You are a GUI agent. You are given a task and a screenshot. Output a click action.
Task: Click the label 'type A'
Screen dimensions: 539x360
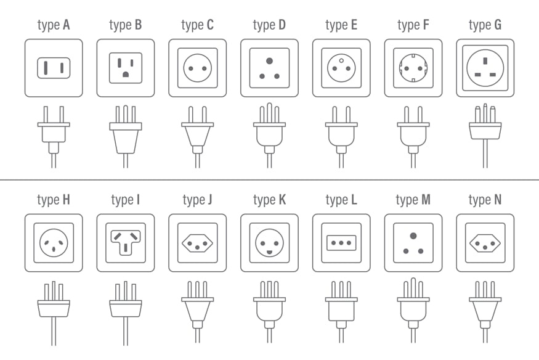[54, 25]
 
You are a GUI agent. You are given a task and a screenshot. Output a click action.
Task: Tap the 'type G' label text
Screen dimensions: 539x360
[485, 25]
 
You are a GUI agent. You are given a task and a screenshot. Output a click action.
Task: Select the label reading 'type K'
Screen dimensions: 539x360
[270, 200]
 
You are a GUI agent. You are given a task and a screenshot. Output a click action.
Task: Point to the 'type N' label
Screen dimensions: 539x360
[485, 200]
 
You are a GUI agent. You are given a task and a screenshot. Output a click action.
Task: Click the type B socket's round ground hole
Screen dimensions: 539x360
[126, 74]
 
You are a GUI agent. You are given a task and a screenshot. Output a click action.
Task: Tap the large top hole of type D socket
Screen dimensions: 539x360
[270, 61]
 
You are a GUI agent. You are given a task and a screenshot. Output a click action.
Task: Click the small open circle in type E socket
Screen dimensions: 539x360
[341, 61]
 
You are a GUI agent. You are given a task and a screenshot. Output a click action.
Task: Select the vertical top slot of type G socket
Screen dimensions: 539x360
[485, 61]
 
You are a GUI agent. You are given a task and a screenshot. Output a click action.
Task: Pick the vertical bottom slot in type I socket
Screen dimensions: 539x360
[126, 248]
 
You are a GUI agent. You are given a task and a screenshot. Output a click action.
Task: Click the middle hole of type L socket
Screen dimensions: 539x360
[341, 243]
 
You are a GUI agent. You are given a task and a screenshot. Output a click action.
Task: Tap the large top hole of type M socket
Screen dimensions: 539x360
[413, 236]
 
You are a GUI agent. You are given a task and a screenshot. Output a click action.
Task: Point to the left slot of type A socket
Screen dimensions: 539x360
[46, 68]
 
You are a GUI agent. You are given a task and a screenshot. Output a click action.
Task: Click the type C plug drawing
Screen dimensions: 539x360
[198, 137]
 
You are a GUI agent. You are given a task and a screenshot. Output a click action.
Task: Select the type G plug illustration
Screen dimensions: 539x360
[485, 136]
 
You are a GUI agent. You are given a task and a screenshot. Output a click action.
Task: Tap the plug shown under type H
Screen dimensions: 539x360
[54, 313]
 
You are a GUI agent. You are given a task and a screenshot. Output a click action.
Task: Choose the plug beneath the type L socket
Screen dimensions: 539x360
[341, 312]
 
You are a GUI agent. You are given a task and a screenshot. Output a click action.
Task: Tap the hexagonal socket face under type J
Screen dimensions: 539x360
[198, 243]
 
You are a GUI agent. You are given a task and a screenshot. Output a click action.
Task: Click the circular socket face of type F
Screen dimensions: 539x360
[413, 68]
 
